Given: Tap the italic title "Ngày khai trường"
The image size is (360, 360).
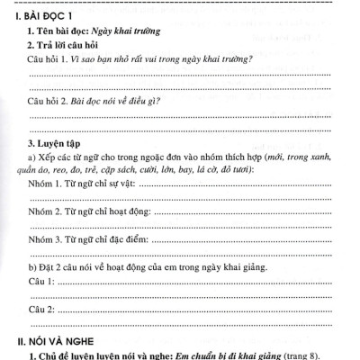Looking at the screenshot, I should [x=125, y=31].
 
